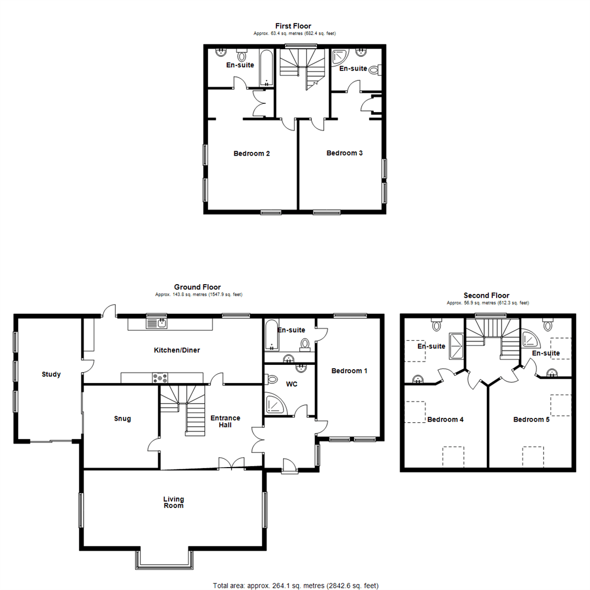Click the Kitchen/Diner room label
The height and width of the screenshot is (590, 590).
click(173, 350)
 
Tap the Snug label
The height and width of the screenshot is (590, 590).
click(122, 419)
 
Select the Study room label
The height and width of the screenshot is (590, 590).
click(51, 374)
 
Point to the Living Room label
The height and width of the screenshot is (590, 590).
click(173, 502)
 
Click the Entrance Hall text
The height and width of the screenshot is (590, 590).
click(226, 421)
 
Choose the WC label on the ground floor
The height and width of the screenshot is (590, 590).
click(292, 384)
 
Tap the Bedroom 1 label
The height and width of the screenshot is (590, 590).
click(350, 371)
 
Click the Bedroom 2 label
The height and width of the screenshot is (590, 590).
click(252, 154)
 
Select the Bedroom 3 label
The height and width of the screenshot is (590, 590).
click(345, 153)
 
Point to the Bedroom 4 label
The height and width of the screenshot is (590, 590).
click(445, 420)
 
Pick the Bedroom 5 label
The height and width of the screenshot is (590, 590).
click(531, 420)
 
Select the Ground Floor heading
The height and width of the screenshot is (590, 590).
click(197, 287)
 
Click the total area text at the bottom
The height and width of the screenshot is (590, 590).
click(295, 585)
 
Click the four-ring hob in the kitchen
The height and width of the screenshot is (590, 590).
click(161, 377)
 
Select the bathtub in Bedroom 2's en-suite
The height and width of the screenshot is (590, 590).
click(266, 69)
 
